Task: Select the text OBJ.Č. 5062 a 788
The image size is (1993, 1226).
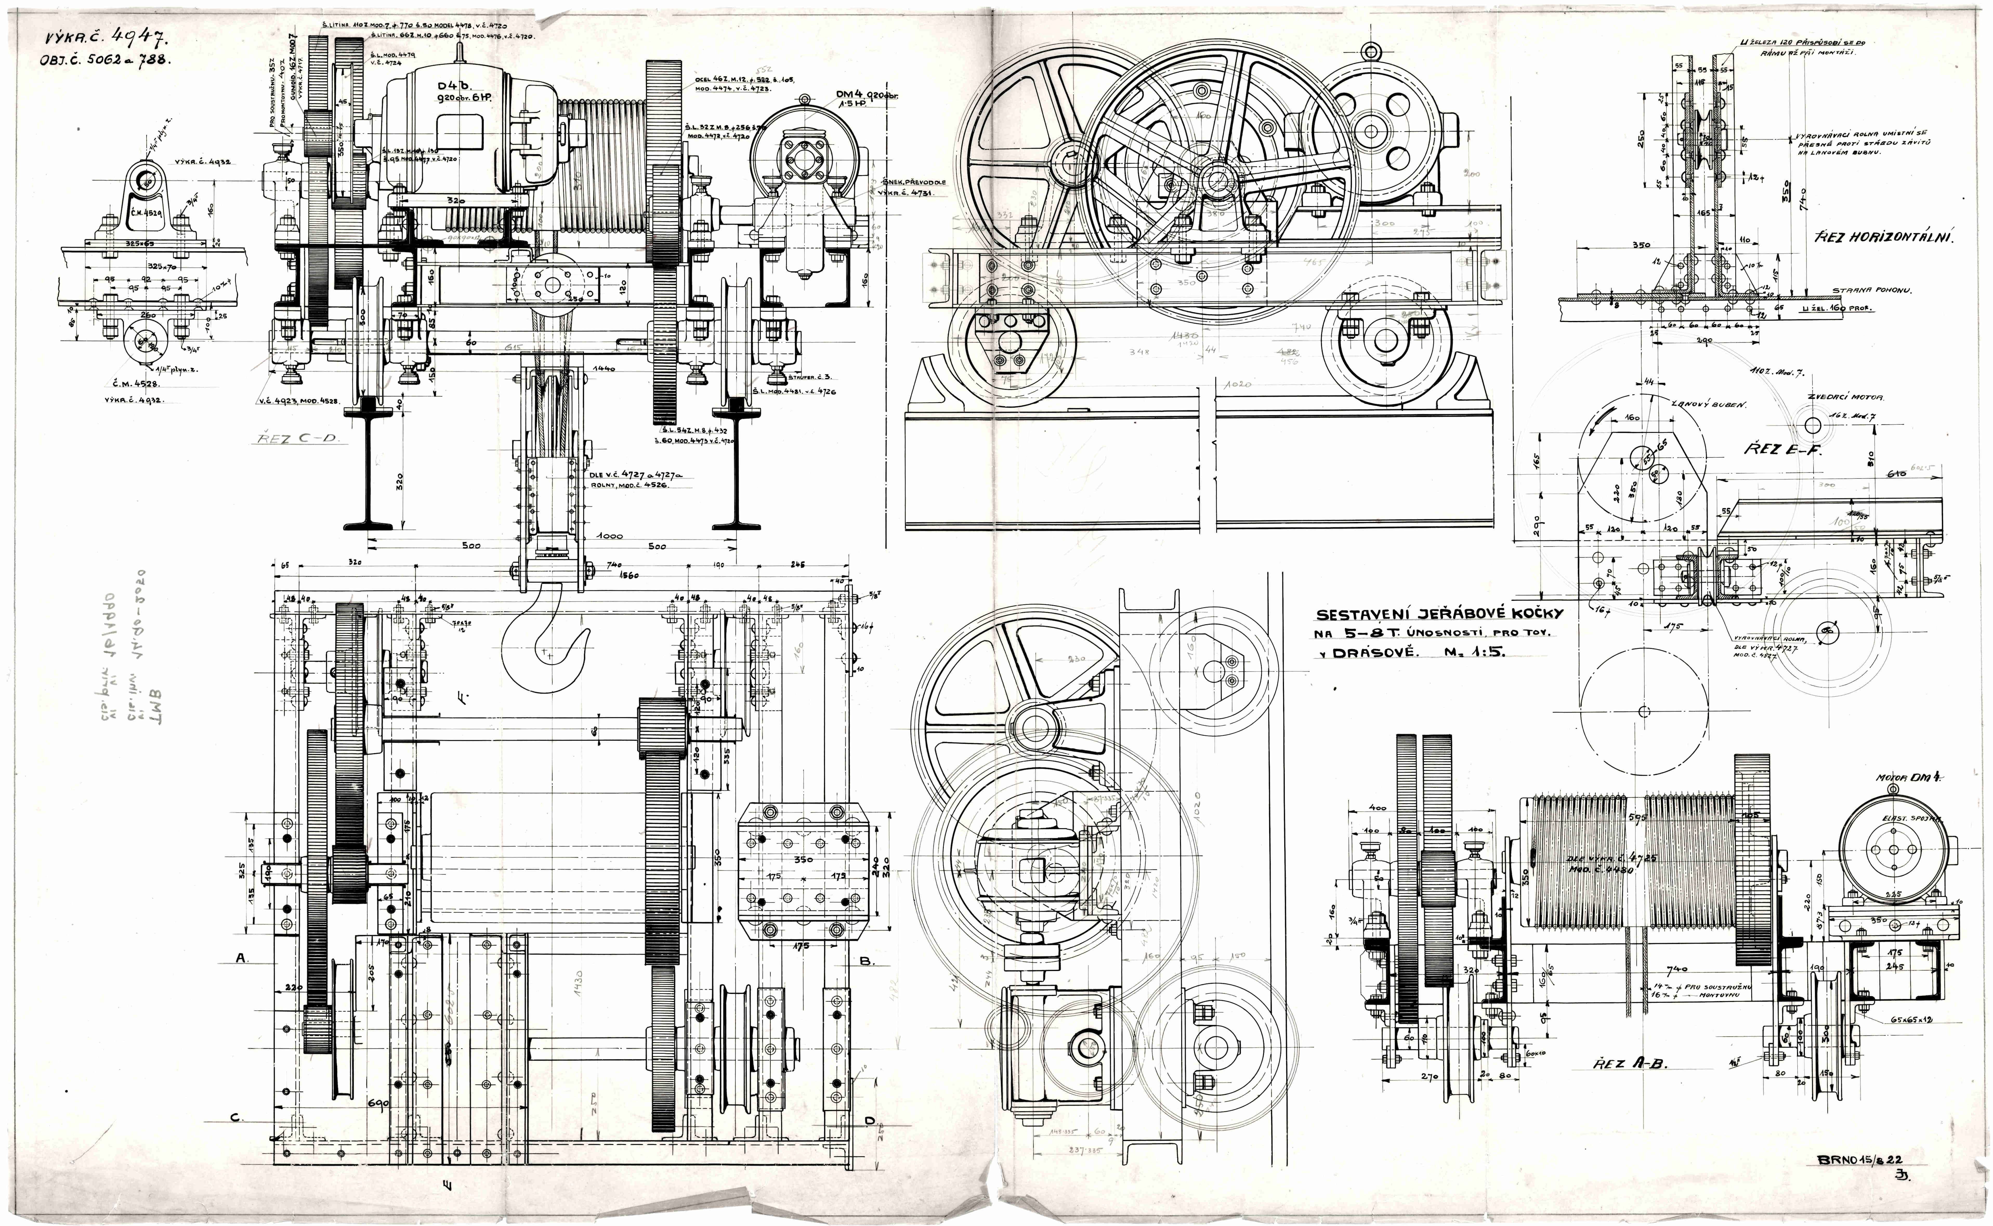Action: (x=105, y=62)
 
